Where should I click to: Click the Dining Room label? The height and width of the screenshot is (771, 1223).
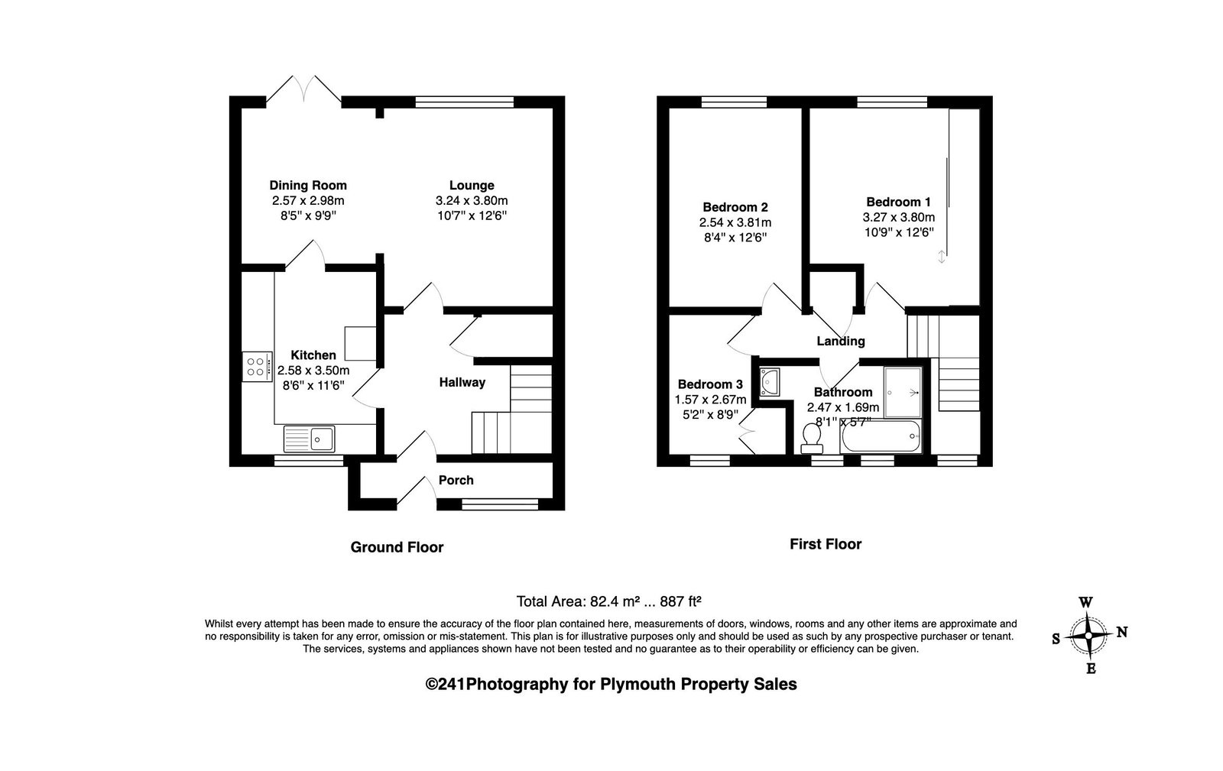tap(308, 186)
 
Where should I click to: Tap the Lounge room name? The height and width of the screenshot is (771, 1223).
tap(472, 186)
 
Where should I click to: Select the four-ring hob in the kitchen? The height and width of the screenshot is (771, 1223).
tap(257, 367)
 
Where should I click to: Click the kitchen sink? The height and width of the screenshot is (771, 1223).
tap(309, 439)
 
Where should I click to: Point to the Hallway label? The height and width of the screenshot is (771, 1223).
tap(462, 383)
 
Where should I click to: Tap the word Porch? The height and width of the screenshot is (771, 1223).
tap(456, 480)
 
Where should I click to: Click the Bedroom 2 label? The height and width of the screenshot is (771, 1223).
tap(735, 207)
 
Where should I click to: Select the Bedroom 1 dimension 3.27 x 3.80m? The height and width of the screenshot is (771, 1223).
tap(899, 217)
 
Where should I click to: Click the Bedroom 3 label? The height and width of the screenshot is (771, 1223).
tap(710, 384)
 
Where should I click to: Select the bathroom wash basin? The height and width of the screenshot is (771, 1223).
tap(769, 381)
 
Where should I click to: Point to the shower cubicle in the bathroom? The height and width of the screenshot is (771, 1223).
tap(903, 392)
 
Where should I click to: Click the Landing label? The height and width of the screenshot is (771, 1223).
tap(841, 342)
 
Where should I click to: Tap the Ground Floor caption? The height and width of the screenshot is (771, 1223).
tap(397, 547)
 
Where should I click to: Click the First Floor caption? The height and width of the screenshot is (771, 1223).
tap(826, 544)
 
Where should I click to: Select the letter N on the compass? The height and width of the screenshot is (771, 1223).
tap(1122, 632)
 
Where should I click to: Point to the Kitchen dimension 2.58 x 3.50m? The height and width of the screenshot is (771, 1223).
tap(313, 371)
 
